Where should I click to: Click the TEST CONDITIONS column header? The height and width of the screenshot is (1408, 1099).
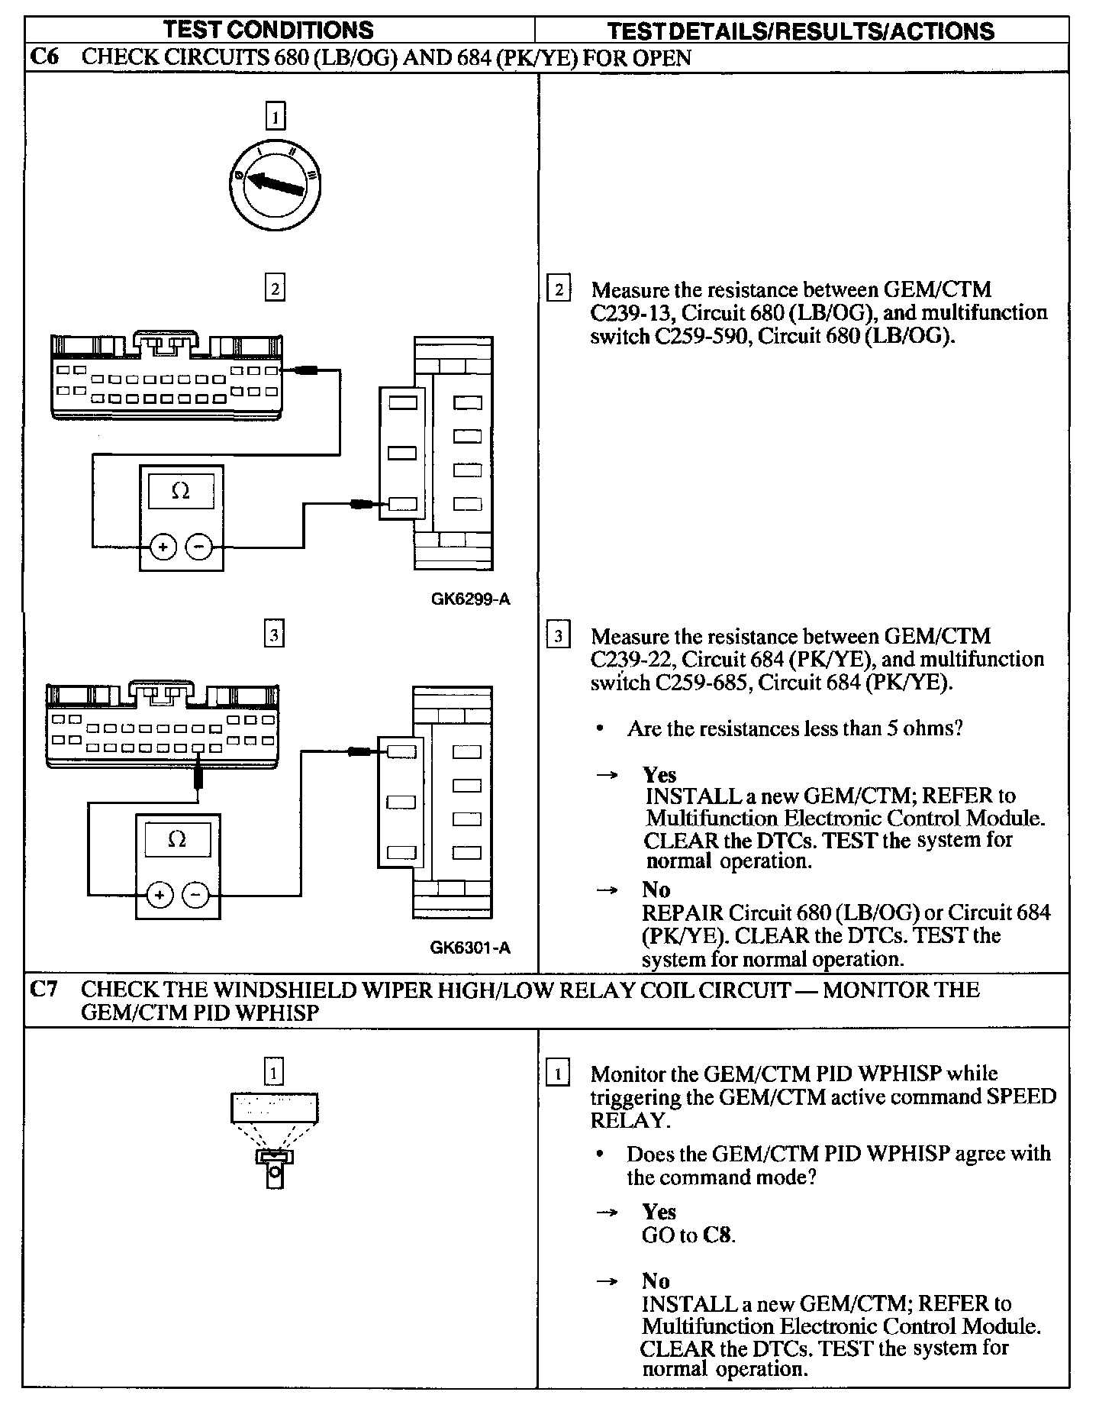pos(269,30)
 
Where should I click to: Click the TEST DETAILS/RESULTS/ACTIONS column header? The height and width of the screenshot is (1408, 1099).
pos(801,31)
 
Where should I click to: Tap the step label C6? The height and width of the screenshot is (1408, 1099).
pos(46,57)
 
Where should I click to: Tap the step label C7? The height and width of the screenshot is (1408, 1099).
pos(45,990)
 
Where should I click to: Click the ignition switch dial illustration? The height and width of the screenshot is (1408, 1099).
pos(275,183)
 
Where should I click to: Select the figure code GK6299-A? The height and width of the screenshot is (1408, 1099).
pos(470,599)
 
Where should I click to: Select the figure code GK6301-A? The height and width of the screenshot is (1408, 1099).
pos(470,948)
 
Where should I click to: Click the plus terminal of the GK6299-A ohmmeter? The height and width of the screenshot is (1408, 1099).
pos(163,547)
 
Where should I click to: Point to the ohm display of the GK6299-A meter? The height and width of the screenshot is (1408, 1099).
pos(181,492)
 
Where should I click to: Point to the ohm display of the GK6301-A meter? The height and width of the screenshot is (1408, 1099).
pos(177,839)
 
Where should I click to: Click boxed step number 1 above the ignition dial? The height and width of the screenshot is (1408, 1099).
pos(275,117)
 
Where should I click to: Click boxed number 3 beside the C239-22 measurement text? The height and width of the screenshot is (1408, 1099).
pos(559,635)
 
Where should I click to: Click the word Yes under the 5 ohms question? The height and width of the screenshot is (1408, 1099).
pos(659,775)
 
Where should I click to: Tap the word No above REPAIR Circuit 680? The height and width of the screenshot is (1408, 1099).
pos(656,890)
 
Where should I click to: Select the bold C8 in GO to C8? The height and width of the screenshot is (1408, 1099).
pos(717,1235)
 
